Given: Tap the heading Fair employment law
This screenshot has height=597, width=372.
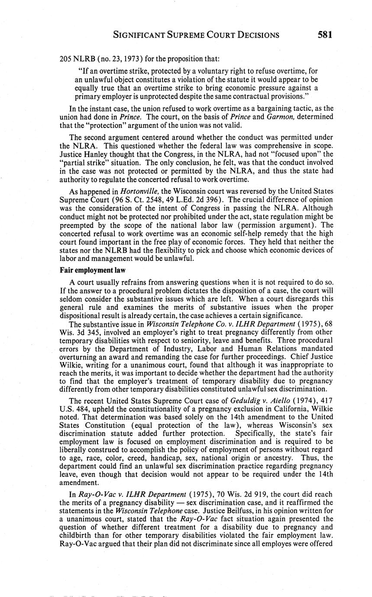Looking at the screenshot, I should (x=92, y=270).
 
